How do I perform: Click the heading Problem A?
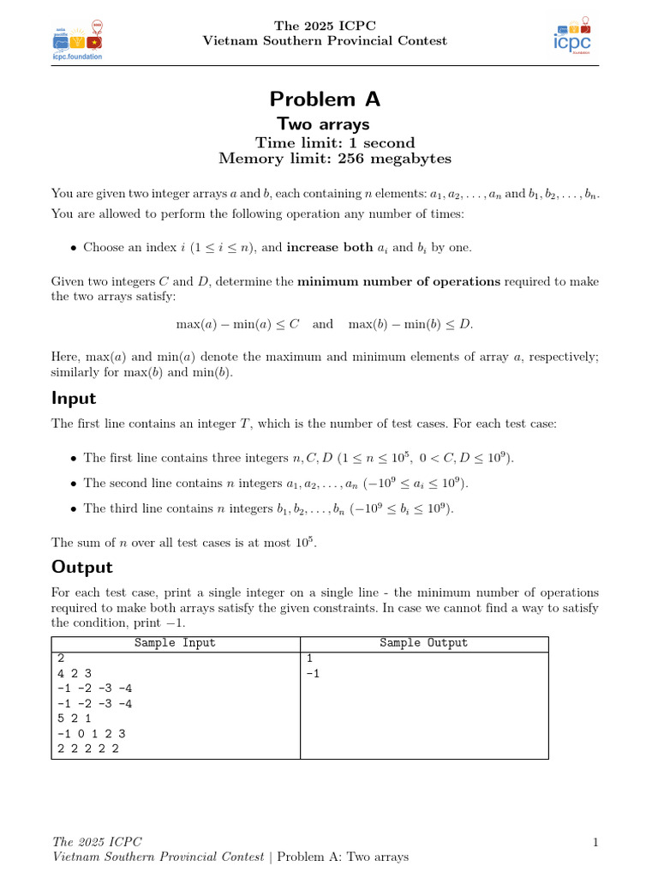(x=325, y=99)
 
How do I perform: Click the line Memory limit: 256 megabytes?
(x=335, y=159)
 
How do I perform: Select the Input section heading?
(x=74, y=398)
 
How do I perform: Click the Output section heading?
(x=82, y=567)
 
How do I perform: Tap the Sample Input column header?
(x=175, y=643)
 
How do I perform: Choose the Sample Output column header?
(x=423, y=643)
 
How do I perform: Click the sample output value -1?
(x=314, y=673)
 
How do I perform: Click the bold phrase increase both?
(x=329, y=248)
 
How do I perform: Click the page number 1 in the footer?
(x=595, y=843)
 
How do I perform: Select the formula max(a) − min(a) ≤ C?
(x=237, y=324)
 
